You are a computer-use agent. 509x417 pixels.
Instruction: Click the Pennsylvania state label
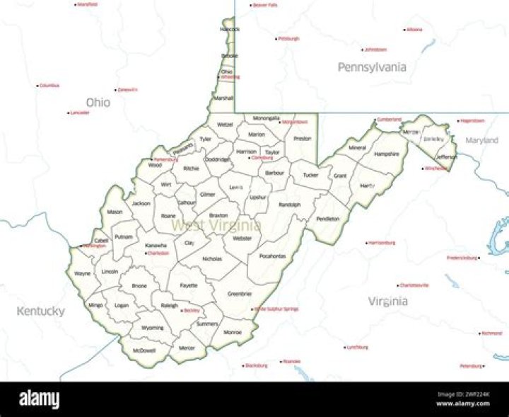point(371,67)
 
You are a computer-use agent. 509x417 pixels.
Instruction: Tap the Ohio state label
point(98,103)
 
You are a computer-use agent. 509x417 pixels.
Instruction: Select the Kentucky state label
point(40,311)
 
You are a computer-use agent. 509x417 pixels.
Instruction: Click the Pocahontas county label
point(272,256)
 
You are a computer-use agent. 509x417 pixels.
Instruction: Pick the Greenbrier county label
point(240,293)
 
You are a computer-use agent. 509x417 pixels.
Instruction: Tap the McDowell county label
point(144,350)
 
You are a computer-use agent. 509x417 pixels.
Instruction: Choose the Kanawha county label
point(156,245)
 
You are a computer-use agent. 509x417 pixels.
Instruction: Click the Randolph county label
point(290,205)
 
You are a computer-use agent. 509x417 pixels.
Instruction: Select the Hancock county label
point(230,29)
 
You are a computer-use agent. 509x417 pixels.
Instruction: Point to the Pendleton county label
point(328,219)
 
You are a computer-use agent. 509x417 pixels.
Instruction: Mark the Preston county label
point(302,139)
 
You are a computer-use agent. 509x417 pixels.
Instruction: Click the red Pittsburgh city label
point(288,38)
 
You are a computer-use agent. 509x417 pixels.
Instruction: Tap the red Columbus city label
point(49,85)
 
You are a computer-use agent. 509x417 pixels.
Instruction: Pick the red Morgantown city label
point(295,122)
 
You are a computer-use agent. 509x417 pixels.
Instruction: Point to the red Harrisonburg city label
point(382,242)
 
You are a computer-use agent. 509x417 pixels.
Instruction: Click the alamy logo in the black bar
point(40,400)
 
